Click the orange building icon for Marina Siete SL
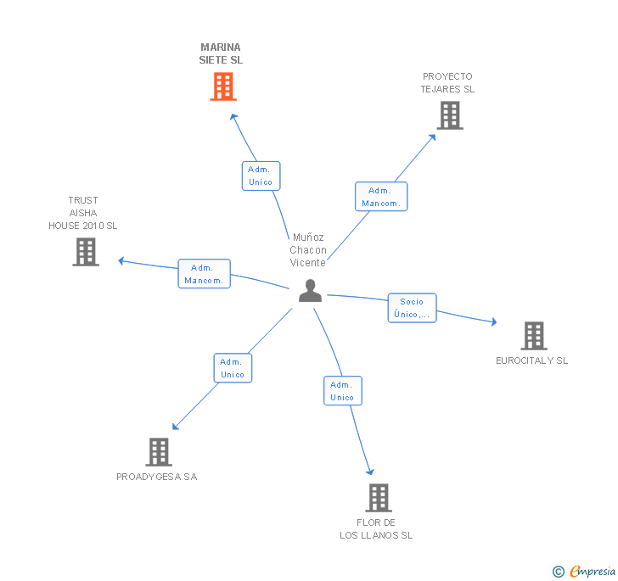(222, 87)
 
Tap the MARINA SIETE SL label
(221, 54)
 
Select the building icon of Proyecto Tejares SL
(449, 115)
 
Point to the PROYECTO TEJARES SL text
(447, 83)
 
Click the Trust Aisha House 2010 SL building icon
(86, 252)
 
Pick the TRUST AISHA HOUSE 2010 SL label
(83, 214)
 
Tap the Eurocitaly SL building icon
(533, 336)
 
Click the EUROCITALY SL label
(532, 360)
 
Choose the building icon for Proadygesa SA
(159, 452)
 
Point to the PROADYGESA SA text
(157, 477)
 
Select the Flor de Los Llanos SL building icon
(379, 498)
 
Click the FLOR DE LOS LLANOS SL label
(376, 529)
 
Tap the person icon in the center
(311, 291)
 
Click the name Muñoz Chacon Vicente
(308, 250)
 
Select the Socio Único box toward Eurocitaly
(412, 308)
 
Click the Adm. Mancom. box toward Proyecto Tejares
(381, 197)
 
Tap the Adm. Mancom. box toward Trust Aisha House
(204, 274)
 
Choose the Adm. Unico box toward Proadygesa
(232, 368)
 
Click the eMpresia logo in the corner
(585, 572)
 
